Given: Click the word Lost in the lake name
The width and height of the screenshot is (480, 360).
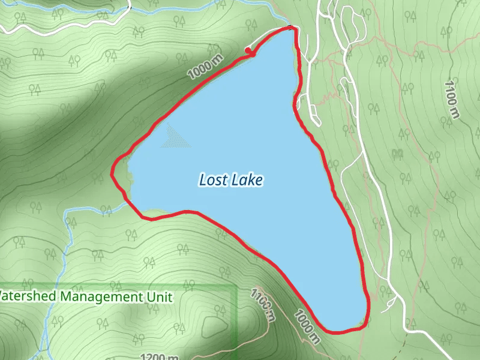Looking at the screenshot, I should click(x=211, y=180).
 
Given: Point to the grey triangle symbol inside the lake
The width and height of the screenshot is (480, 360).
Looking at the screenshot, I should click(x=175, y=137).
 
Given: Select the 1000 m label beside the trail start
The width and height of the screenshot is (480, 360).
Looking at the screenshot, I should click(x=205, y=67).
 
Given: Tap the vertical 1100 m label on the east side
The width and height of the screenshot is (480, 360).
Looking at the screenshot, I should click(x=452, y=99).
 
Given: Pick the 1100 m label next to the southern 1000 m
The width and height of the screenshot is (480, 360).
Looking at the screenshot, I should click(x=263, y=303).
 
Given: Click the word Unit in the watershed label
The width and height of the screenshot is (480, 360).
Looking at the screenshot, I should click(x=159, y=297).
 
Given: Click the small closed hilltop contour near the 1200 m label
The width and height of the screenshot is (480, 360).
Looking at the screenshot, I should click(x=213, y=326).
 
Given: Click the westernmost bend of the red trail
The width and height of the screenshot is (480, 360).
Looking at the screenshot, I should click(x=112, y=173).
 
